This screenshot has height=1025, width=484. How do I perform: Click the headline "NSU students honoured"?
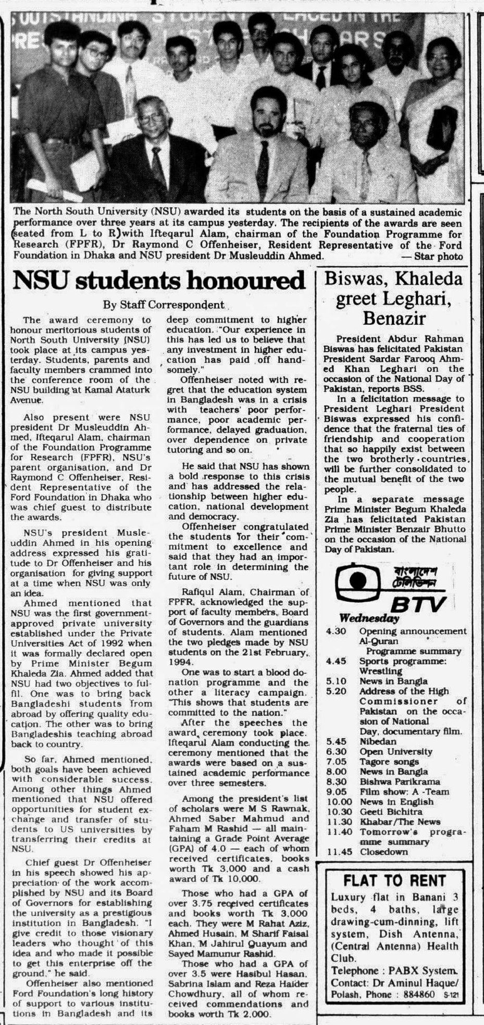[x=158, y=281]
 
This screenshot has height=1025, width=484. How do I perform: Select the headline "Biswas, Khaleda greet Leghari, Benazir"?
[x=393, y=298]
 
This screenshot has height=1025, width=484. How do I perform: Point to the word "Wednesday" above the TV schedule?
[x=369, y=618]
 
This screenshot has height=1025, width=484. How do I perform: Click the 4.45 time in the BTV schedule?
[x=336, y=661]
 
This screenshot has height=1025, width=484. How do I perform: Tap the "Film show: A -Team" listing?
[x=404, y=791]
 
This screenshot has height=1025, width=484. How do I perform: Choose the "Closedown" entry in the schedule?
[x=383, y=852]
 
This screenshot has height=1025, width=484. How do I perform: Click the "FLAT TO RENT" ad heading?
[x=394, y=881]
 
